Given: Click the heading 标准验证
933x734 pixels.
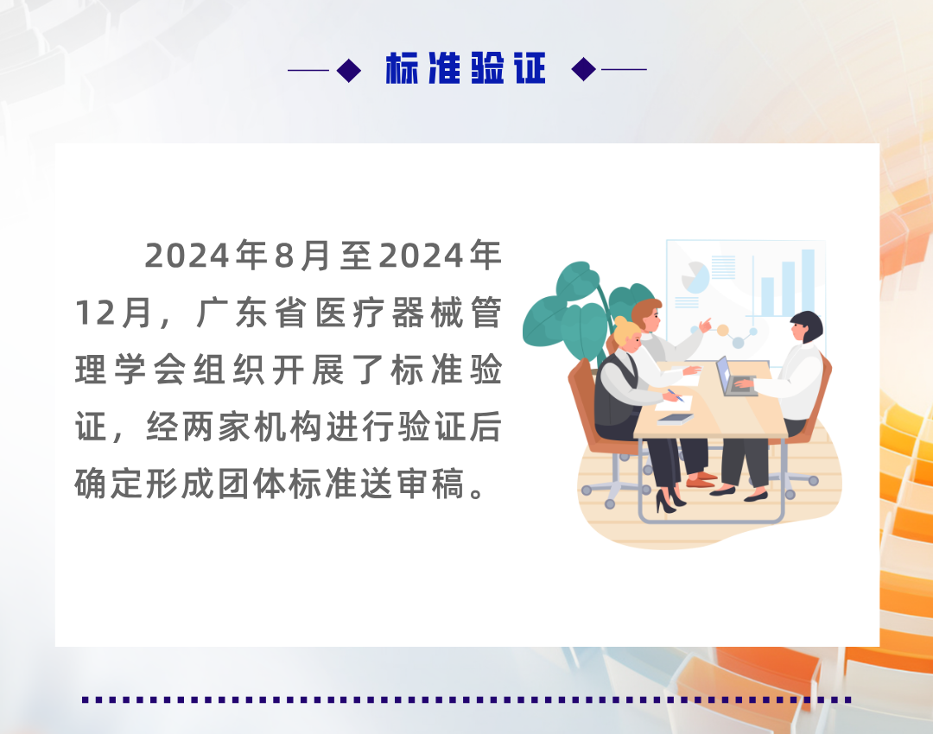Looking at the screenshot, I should [x=466, y=69].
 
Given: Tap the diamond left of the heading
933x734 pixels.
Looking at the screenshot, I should [x=349, y=70].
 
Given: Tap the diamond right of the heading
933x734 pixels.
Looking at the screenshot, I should [x=584, y=70].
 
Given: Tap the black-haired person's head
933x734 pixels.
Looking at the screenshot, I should [x=805, y=326].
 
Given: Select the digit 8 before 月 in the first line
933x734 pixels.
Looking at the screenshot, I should [x=284, y=256].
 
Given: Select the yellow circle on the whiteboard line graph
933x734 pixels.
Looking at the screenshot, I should [x=722, y=331].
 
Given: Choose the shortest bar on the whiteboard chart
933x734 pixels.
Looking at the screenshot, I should [x=766, y=296].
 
